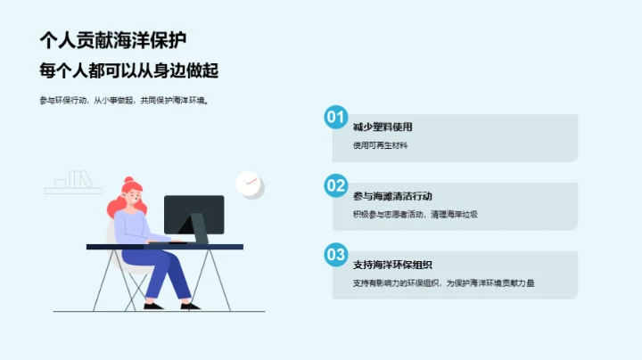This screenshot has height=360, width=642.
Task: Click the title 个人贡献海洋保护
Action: [112, 40]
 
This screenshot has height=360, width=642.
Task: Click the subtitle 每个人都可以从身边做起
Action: [129, 70]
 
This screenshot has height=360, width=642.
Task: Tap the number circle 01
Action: [335, 118]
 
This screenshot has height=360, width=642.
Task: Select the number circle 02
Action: [335, 186]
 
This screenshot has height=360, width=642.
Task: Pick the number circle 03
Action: [335, 255]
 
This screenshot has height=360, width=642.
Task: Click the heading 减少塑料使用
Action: [383, 127]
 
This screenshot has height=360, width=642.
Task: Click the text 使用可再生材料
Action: [380, 145]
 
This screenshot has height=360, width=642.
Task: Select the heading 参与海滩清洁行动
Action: [392, 195]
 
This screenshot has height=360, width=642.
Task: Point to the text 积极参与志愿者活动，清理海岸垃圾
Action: [416, 214]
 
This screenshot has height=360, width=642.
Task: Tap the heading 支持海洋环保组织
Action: [392, 264]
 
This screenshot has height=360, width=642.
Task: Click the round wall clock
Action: [249, 184]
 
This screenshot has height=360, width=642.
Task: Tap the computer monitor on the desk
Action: [193, 215]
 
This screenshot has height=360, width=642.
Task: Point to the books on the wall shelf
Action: [78, 179]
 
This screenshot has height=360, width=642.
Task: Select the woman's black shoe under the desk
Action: [152, 306]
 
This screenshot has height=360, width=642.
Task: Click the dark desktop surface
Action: [165, 246]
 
